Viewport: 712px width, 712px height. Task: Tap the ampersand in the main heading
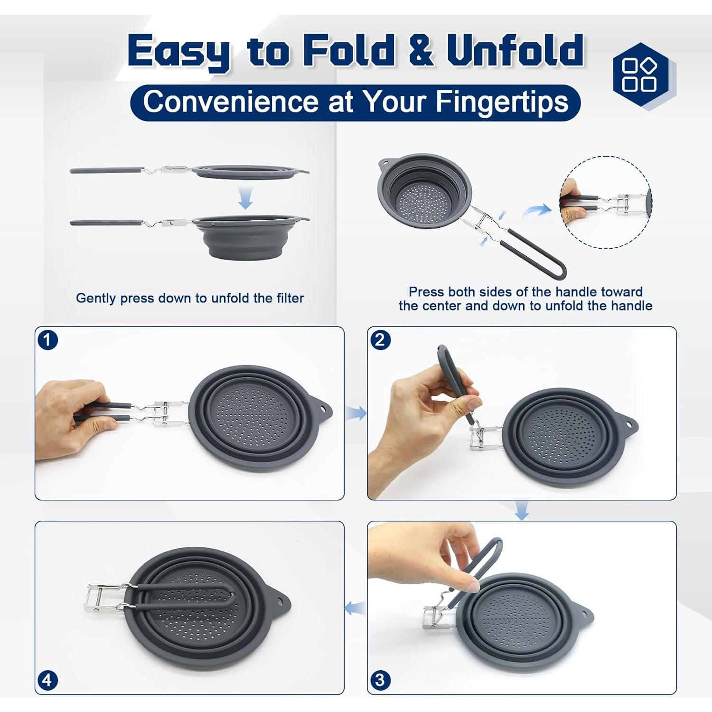click(x=420, y=50)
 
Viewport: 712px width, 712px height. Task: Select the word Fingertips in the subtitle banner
click(x=502, y=102)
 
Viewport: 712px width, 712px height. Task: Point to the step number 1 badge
click(x=47, y=340)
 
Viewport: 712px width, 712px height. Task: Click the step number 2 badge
click(x=380, y=340)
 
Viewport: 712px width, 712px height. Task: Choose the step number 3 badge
click(x=380, y=680)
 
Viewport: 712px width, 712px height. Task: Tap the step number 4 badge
click(x=47, y=680)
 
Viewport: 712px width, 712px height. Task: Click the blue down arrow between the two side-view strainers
click(x=245, y=198)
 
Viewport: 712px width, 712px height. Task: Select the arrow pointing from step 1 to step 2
click(x=356, y=413)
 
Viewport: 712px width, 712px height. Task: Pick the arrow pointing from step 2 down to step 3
click(x=522, y=510)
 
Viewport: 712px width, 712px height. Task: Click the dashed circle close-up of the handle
click(x=606, y=202)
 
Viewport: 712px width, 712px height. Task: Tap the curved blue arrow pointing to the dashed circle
click(x=536, y=210)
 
